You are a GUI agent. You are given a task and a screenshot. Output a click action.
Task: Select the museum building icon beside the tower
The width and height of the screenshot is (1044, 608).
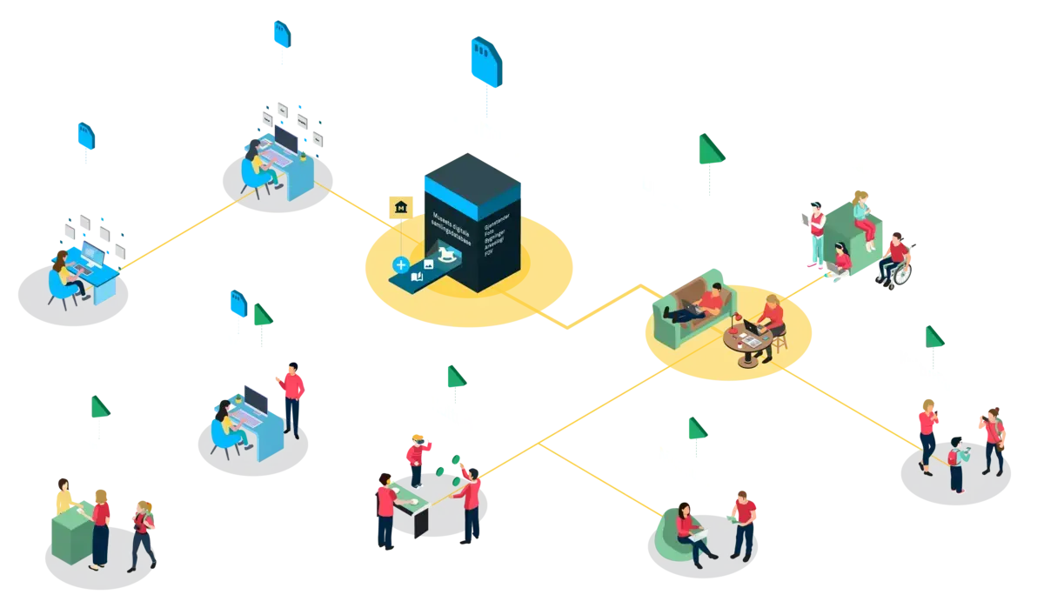(401, 207)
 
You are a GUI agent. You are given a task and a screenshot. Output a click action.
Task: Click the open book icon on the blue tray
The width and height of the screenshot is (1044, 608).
(417, 277)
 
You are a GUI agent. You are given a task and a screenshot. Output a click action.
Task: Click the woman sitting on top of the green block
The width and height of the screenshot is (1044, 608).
(861, 213)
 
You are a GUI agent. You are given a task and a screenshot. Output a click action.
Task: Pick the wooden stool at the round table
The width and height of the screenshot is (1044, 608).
(780, 341)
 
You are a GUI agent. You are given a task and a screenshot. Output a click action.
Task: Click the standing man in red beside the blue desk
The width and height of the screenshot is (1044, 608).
(293, 397)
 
